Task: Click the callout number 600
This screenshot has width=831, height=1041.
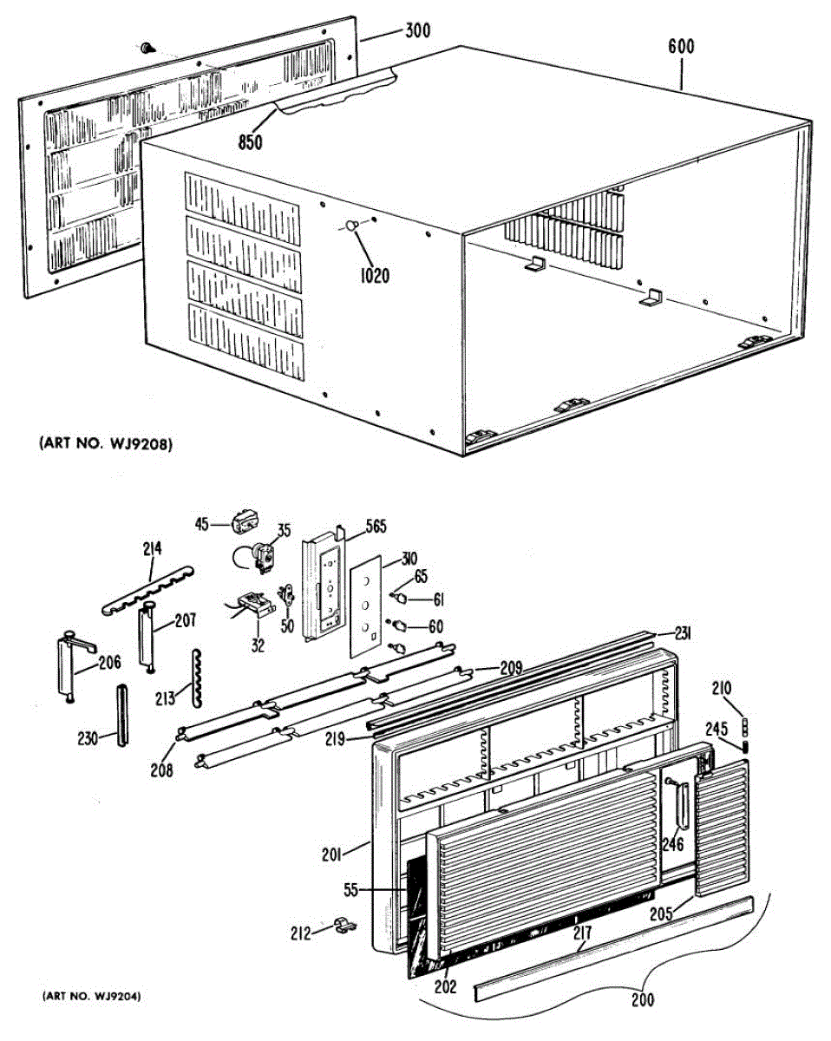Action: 681,46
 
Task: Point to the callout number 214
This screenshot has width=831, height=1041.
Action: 153,547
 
